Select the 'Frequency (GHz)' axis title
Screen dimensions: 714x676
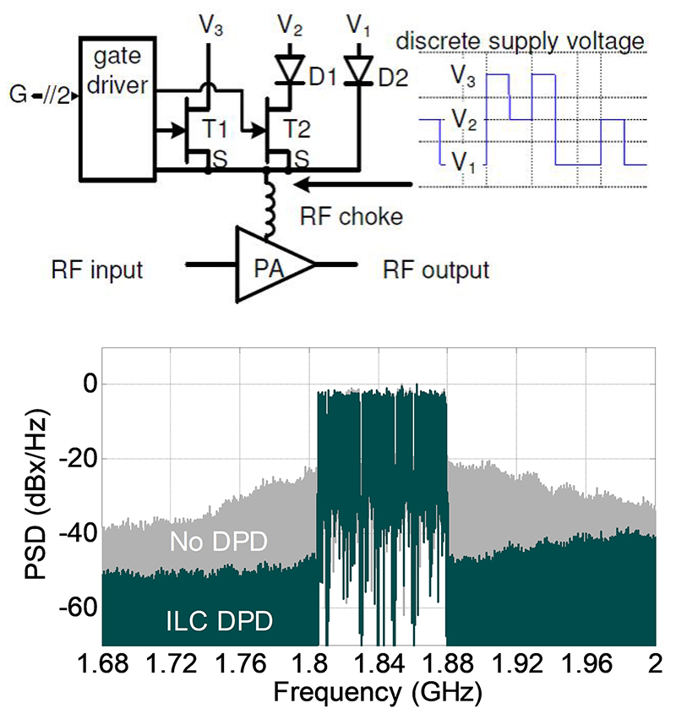click(378, 694)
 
